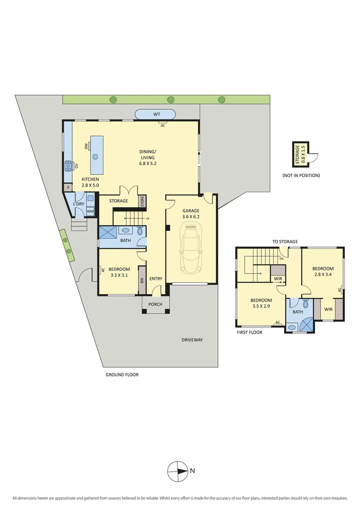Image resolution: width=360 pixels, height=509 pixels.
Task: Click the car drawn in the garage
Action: point(191,249)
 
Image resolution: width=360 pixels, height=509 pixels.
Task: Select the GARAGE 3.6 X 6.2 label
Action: point(191,214)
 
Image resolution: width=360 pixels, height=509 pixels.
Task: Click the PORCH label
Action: point(155,304)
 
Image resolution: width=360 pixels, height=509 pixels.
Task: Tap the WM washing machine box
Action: point(90,212)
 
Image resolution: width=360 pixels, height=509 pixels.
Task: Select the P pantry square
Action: point(68,188)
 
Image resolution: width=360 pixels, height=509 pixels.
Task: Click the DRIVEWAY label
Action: point(192,340)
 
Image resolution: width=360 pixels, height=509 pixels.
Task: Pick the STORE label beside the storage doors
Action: point(141,201)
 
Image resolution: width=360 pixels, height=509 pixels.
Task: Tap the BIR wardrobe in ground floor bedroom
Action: point(141,284)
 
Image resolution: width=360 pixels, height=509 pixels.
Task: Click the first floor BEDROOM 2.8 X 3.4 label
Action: point(323,272)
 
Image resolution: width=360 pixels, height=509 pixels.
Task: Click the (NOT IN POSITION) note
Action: point(301,175)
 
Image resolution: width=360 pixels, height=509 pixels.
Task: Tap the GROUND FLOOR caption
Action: point(122,375)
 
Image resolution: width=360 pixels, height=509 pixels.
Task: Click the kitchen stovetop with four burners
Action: point(68,165)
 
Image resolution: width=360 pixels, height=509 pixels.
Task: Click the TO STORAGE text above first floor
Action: point(285,242)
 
